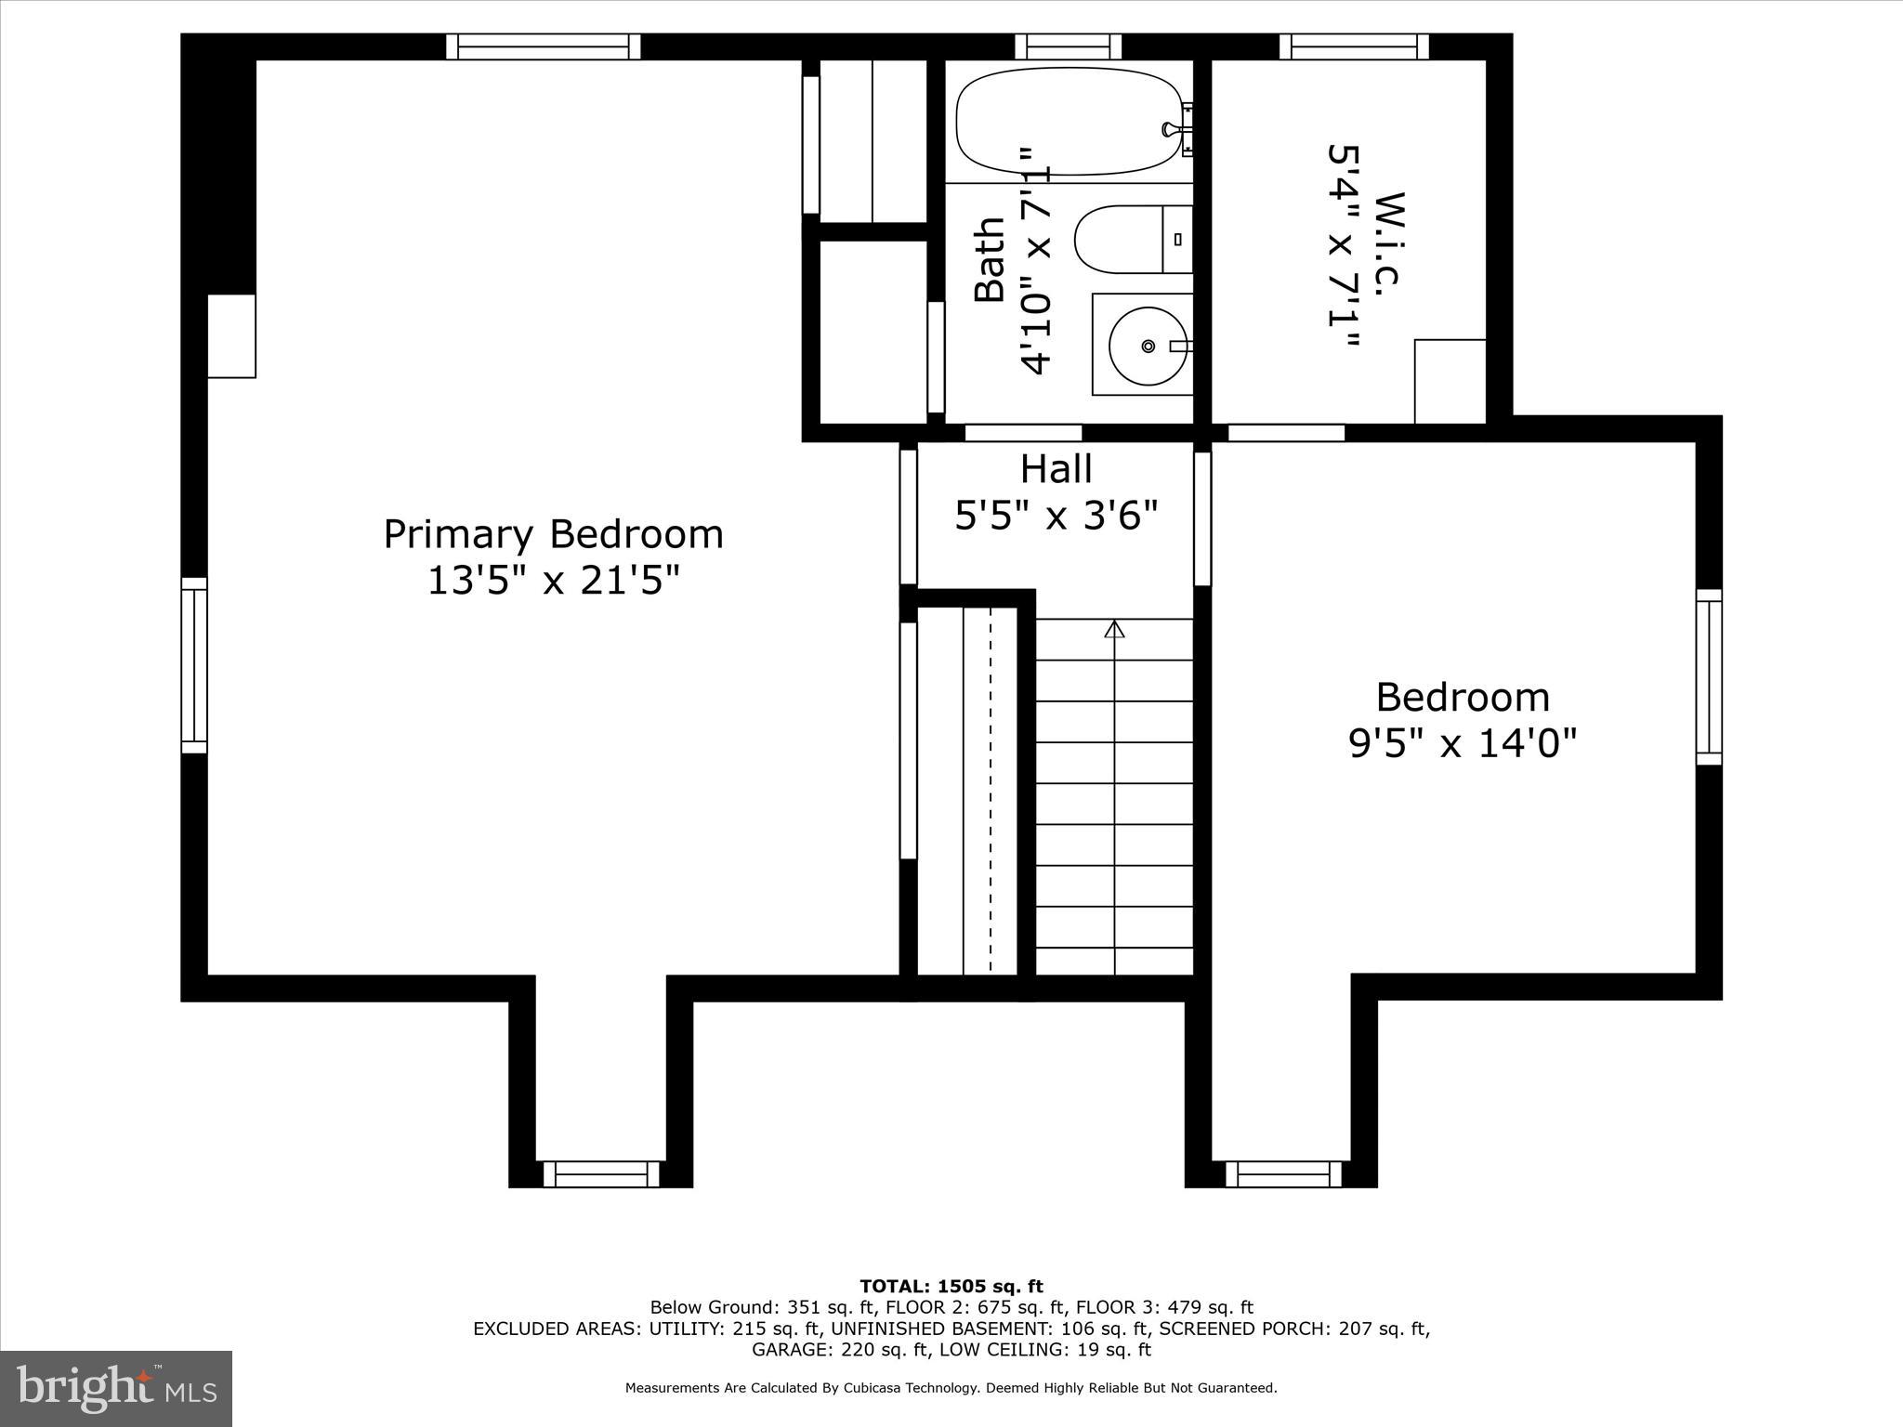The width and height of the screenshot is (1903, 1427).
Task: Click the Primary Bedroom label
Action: [553, 535]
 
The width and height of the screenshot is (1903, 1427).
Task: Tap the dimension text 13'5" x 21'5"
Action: [553, 583]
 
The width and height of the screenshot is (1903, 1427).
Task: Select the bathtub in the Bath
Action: [1069, 121]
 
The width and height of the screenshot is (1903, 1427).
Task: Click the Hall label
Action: [1056, 469]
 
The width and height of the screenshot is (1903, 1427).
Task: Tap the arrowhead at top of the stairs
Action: [1114, 630]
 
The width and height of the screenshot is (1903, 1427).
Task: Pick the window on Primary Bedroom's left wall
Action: [193, 665]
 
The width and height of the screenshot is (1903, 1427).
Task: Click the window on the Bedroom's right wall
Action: [1709, 677]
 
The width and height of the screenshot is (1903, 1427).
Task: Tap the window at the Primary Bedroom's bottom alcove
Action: [601, 1174]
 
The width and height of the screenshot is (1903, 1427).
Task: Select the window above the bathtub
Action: [1068, 46]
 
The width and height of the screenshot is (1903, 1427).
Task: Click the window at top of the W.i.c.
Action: [1354, 46]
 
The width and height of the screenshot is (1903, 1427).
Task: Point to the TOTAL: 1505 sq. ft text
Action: [951, 1287]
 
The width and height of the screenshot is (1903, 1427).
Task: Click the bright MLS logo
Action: [116, 1389]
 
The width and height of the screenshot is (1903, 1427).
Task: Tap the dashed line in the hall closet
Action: [990, 791]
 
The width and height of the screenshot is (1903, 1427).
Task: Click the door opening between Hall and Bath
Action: [1023, 433]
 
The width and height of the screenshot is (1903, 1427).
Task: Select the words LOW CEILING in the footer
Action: [1003, 1350]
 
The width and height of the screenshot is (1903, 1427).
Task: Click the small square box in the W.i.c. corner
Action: [1450, 381]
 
